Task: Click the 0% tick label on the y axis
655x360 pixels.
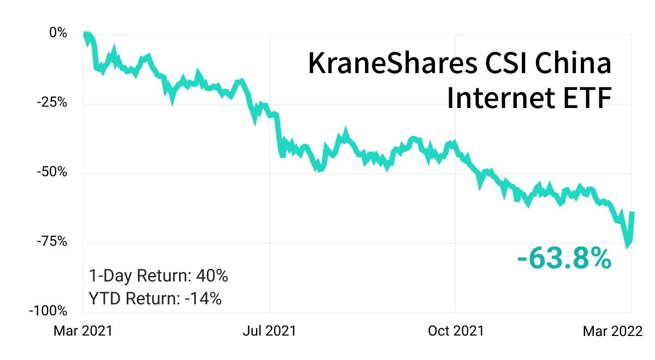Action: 58,32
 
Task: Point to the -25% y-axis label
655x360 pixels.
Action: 52,103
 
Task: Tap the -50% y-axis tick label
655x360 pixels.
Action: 52,172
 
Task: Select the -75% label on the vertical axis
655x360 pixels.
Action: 52,241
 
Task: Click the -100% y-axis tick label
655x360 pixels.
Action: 48,310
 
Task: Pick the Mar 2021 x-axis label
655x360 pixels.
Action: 83,331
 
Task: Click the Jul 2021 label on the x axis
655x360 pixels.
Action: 269,331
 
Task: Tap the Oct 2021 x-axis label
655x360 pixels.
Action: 456,331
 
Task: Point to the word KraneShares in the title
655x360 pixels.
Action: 392,63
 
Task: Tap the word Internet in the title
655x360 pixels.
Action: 501,97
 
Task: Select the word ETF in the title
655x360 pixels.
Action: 587,98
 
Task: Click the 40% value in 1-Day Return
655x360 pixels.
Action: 212,275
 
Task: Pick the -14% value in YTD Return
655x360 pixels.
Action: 203,299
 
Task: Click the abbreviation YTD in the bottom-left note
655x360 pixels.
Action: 104,299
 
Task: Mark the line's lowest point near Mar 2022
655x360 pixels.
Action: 627,246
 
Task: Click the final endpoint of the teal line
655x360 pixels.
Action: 633,213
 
